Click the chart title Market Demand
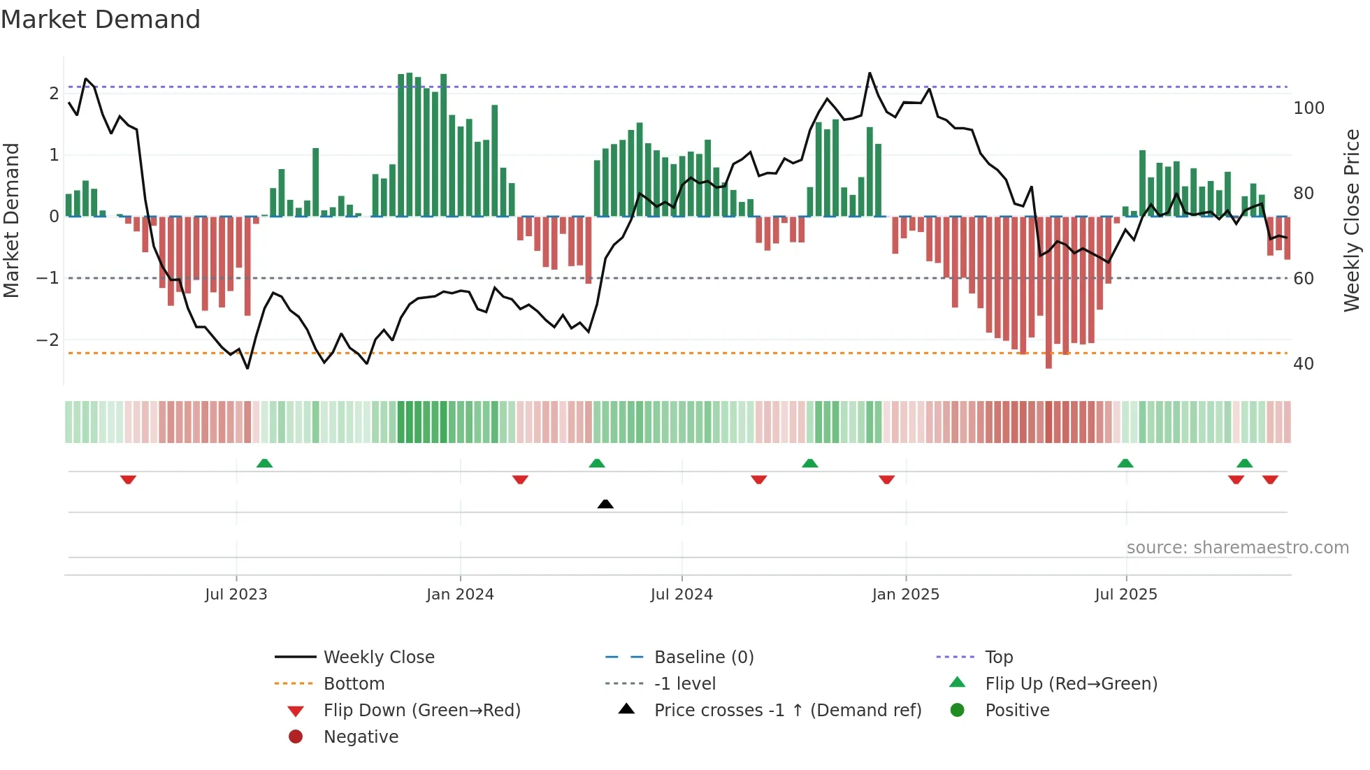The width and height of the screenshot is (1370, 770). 101,20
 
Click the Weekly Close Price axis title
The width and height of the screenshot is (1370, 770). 1352,220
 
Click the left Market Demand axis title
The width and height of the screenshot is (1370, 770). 11,220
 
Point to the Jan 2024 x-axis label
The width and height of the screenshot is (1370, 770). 460,595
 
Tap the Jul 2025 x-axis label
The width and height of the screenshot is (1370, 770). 1126,595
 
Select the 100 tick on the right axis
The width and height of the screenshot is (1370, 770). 1308,108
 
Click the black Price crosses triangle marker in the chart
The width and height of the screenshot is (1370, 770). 605,504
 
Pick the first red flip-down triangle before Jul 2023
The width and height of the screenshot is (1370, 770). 128,479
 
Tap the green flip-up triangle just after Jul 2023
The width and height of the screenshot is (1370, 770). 264,463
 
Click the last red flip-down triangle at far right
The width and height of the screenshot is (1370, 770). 1270,479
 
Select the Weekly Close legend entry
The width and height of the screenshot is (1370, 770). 378,658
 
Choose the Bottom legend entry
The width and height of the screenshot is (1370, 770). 354,684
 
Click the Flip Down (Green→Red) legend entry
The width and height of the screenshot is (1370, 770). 421,711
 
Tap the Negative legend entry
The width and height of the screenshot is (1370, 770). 361,737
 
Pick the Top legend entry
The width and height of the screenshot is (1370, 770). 998,658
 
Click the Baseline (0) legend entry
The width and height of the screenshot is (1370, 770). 703,658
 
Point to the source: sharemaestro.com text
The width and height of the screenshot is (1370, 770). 1237,548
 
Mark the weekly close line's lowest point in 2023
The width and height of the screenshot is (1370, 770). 247,368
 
